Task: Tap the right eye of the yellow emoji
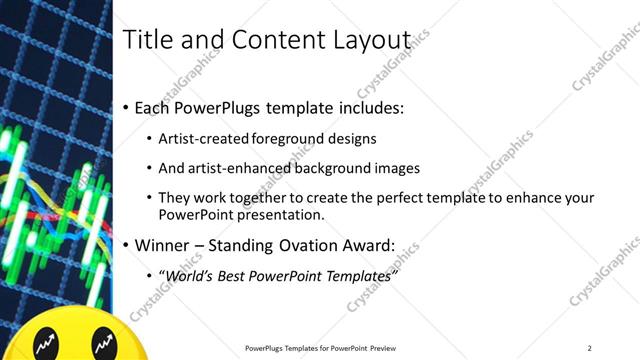101,345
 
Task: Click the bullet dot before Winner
125,246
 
